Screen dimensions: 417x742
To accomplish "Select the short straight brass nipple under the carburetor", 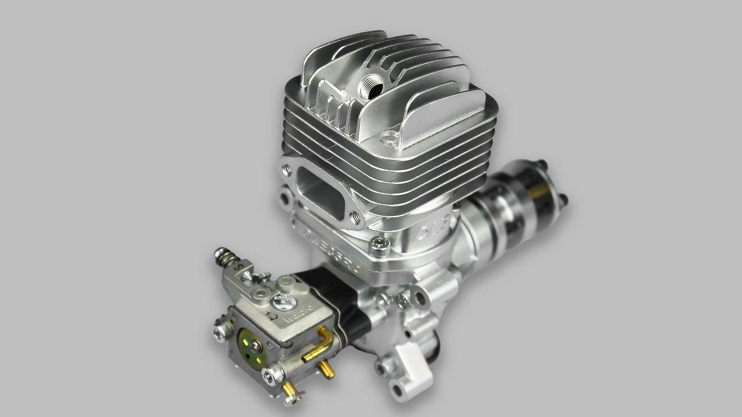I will point(327,370).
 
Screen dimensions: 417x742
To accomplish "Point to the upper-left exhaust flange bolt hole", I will point(286,168).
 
